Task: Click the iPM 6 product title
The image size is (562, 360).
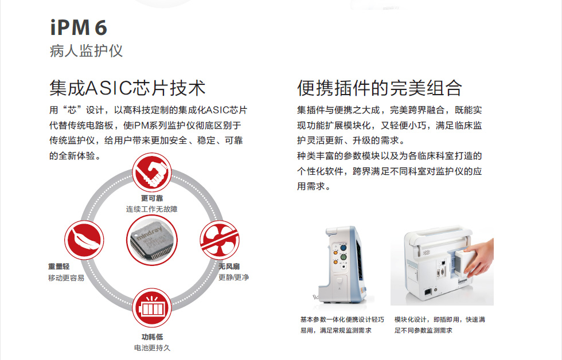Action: pyautogui.click(x=79, y=28)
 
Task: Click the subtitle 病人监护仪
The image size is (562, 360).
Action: pyautogui.click(x=86, y=51)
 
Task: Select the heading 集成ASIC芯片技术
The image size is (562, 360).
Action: pyautogui.click(x=127, y=88)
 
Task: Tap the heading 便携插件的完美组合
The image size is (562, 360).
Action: pyautogui.click(x=379, y=88)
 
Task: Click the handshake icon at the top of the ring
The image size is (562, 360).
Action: pyautogui.click(x=152, y=173)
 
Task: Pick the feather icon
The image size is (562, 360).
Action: pyautogui.click(x=84, y=240)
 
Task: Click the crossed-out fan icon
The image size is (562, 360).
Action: pyautogui.click(x=219, y=240)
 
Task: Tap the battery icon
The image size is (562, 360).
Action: pyautogui.click(x=152, y=308)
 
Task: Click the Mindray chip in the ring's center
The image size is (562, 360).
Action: pyautogui.click(x=152, y=240)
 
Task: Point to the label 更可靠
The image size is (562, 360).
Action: pyautogui.click(x=152, y=198)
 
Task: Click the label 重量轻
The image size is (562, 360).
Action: pyautogui.click(x=58, y=266)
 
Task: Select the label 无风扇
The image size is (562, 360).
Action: pyautogui.click(x=229, y=266)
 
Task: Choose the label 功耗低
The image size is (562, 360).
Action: pyautogui.click(x=152, y=336)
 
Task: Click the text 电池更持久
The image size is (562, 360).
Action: pyautogui.click(x=152, y=348)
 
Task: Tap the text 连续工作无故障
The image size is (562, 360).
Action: pyautogui.click(x=151, y=209)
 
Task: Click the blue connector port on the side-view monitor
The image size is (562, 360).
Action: pyautogui.click(x=343, y=248)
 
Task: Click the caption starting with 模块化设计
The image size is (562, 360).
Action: pyautogui.click(x=440, y=325)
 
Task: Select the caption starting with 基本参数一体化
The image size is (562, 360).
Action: pyautogui.click(x=342, y=325)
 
